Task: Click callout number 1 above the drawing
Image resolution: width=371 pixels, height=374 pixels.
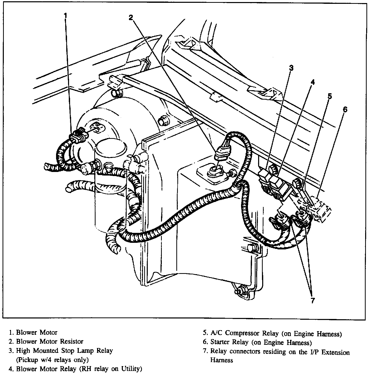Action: [65, 16]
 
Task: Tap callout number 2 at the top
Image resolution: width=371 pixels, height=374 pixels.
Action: [131, 17]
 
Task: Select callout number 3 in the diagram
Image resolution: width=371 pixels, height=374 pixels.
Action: [291, 68]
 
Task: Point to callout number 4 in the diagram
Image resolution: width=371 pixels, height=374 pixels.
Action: [312, 82]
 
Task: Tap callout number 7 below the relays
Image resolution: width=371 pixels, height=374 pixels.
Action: [313, 300]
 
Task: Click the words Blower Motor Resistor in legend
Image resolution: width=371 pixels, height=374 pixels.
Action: [50, 341]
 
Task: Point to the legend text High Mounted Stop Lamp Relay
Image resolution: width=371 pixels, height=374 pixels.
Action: [64, 350]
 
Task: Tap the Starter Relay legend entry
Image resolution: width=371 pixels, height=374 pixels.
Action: [261, 343]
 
